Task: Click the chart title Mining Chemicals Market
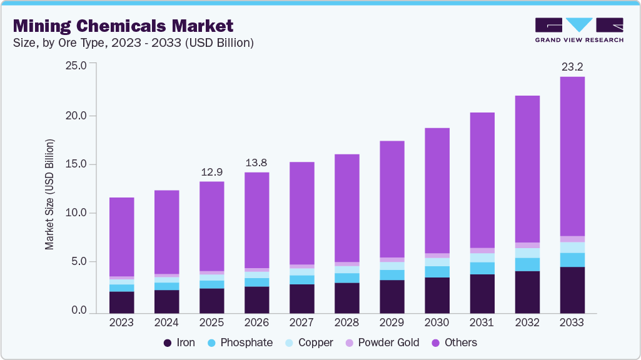[x=123, y=26]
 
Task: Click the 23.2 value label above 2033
[x=572, y=66]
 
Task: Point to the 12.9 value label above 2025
[x=211, y=171]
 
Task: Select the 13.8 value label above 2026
[x=256, y=162]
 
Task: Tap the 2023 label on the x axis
[x=121, y=322]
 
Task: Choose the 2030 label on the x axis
[x=437, y=322]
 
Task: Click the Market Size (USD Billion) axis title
[x=49, y=194]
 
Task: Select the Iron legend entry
[x=179, y=342]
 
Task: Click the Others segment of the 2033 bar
[x=572, y=156]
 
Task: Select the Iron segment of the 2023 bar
[x=121, y=302]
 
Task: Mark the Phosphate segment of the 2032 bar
[x=527, y=264]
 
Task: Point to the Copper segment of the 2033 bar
[x=572, y=247]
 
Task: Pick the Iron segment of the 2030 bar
[x=437, y=295]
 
